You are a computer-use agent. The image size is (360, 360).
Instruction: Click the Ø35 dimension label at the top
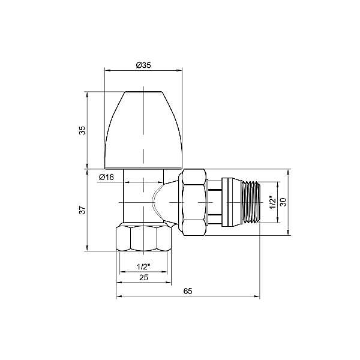tap(143, 65)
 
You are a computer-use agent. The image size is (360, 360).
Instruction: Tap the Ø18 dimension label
tap(106, 176)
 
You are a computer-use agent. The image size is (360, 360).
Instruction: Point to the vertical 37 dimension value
tap(82, 209)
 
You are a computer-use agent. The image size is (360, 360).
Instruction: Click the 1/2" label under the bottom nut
tap(143, 266)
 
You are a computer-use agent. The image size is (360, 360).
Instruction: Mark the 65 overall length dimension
tap(187, 291)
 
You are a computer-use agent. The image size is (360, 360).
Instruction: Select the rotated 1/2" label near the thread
tap(272, 202)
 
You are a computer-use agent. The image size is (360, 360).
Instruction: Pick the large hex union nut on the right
tap(193, 202)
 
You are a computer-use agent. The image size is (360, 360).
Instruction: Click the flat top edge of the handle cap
tap(143, 92)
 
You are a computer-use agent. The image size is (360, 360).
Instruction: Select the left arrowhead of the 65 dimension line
tap(118, 296)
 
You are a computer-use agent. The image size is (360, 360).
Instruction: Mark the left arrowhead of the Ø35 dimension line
tap(107, 70)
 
